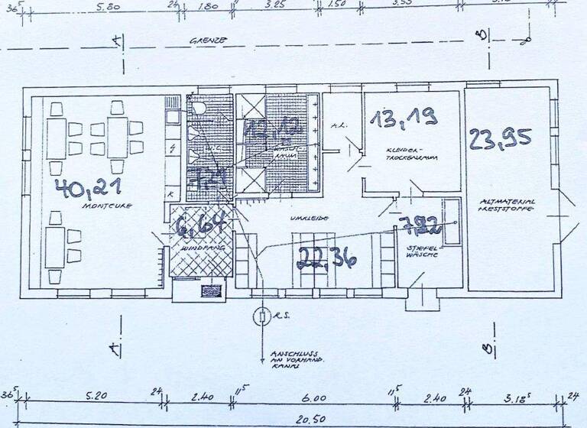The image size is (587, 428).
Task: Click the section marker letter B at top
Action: (481, 35)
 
